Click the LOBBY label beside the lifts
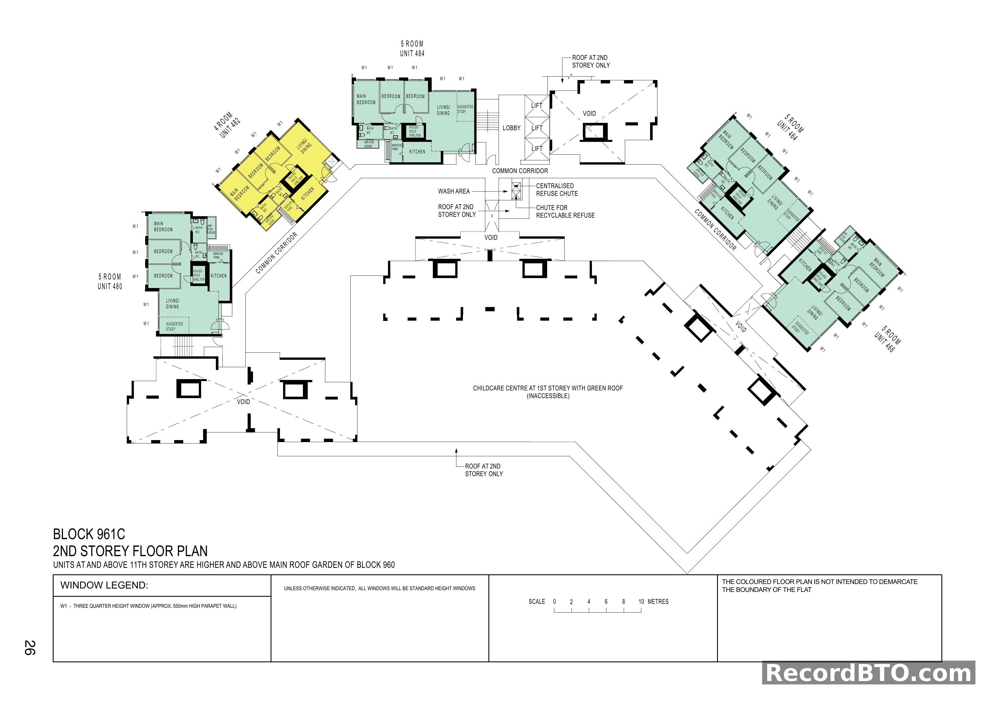[x=511, y=128]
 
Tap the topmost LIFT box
[x=537, y=105]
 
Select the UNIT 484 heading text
[x=412, y=53]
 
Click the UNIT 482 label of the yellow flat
[x=230, y=128]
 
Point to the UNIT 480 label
[x=110, y=286]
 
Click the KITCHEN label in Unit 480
[x=218, y=276]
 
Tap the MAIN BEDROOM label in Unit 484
[x=366, y=99]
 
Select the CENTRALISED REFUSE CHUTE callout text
[x=556, y=190]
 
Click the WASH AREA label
[x=454, y=191]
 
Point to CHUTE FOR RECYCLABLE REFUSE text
[x=565, y=212]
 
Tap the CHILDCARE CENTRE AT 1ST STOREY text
[x=548, y=388]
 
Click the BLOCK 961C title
[x=89, y=534]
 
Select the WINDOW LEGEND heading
[x=104, y=585]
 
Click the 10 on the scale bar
[x=641, y=602]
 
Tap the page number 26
[x=29, y=648]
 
